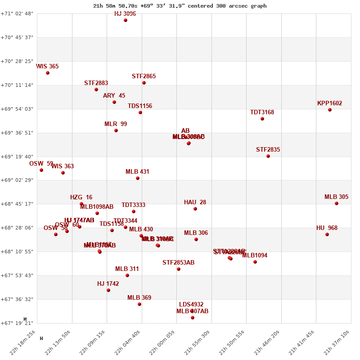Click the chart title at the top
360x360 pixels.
(180, 6)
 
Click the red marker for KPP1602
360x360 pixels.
(330, 110)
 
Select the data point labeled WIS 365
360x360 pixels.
(48, 73)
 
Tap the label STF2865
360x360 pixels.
(144, 76)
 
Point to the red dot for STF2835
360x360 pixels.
(268, 156)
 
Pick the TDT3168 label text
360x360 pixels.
(262, 112)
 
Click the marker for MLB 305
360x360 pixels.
(337, 203)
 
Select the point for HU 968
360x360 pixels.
(327, 234)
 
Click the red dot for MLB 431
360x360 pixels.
(138, 178)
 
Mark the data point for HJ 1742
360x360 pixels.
(108, 290)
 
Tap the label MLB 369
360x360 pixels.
(139, 298)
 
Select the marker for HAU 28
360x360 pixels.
(195, 209)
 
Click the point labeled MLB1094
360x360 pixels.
(255, 262)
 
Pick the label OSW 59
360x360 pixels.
(41, 164)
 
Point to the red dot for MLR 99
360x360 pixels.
(116, 130)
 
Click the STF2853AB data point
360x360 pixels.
(179, 269)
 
